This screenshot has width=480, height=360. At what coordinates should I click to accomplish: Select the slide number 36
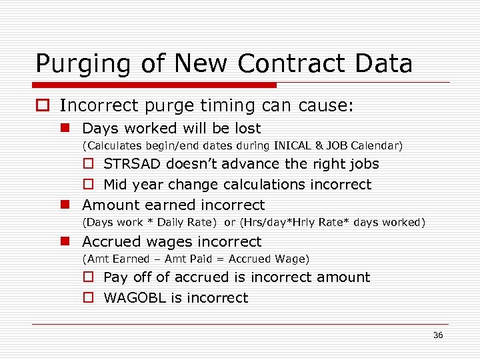coord(438,335)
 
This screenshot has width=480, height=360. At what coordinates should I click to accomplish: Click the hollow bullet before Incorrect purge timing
coord(43,106)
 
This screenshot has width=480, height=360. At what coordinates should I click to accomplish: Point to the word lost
coord(247,128)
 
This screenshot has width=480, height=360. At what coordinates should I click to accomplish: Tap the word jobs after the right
coord(363,164)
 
